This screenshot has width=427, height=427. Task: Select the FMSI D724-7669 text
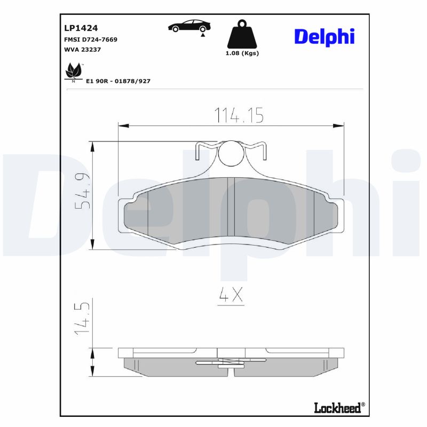coord(90,39)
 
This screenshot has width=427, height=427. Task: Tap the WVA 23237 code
coord(82,50)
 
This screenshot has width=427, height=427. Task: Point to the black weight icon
coord(243,35)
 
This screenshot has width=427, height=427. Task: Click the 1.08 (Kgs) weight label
coord(243,53)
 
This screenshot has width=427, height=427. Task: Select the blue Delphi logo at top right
coord(324,36)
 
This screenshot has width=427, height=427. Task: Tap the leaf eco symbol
coord(72,71)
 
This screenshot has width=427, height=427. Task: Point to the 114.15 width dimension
coord(239,115)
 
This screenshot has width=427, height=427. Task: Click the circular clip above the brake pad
coord(231,153)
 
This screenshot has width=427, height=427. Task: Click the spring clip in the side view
coord(231,362)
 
